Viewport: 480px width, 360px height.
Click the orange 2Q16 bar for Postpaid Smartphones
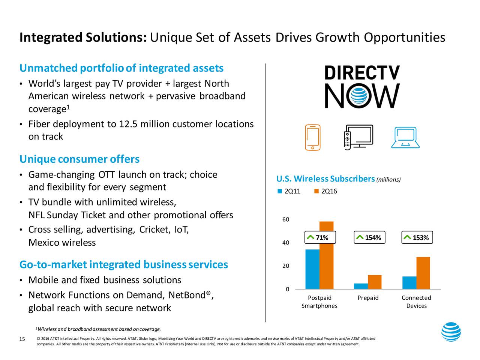pyautogui.click(x=326, y=255)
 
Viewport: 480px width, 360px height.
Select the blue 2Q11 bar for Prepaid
pyautogui.click(x=361, y=286)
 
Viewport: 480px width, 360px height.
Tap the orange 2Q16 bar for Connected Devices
pyautogui.click(x=423, y=273)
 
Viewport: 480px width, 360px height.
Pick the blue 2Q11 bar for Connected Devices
pyautogui.click(x=409, y=283)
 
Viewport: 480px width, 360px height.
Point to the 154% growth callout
pyautogui.click(x=369, y=238)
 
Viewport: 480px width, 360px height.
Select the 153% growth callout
pyautogui.click(x=417, y=238)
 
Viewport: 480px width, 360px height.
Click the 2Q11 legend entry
pyautogui.click(x=289, y=192)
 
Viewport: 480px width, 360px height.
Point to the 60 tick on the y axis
pyautogui.click(x=286, y=219)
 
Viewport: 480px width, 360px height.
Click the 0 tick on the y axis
pyautogui.click(x=287, y=289)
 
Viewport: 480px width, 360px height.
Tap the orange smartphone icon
pyautogui.click(x=313, y=137)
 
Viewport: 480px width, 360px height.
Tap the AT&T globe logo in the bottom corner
pyautogui.click(x=451, y=332)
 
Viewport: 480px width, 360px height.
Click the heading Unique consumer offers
pyautogui.click(x=79, y=159)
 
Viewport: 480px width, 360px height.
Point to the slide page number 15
pyautogui.click(x=22, y=339)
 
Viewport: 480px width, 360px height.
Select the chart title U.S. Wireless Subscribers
pyautogui.click(x=325, y=179)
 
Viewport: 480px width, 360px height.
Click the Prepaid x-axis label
pyautogui.click(x=368, y=298)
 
